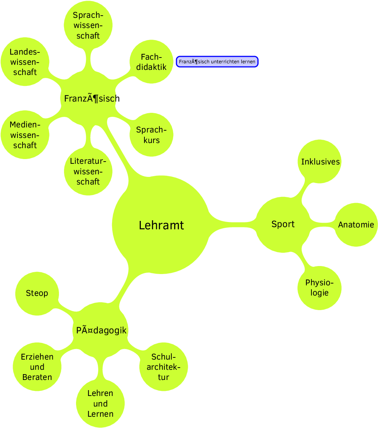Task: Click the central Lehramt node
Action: tap(161, 225)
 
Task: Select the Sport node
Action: tap(283, 224)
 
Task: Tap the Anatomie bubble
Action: tap(356, 225)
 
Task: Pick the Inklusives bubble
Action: tap(320, 162)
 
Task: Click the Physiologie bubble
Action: tap(319, 288)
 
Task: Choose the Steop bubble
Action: tap(37, 293)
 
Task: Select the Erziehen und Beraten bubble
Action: tap(37, 367)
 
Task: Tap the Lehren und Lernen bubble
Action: tap(100, 403)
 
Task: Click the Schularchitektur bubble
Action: tap(163, 366)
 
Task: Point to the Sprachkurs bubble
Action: tap(151, 135)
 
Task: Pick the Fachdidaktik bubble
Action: tap(151, 62)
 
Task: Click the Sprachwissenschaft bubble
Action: tap(88, 25)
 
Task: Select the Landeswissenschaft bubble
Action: tap(25, 62)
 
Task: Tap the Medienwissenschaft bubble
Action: tap(25, 135)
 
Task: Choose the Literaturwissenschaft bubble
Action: tap(88, 171)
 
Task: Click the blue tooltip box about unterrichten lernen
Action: tap(217, 62)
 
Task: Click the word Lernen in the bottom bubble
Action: tap(100, 414)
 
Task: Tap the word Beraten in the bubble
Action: tap(37, 377)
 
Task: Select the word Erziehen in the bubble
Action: tap(37, 357)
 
